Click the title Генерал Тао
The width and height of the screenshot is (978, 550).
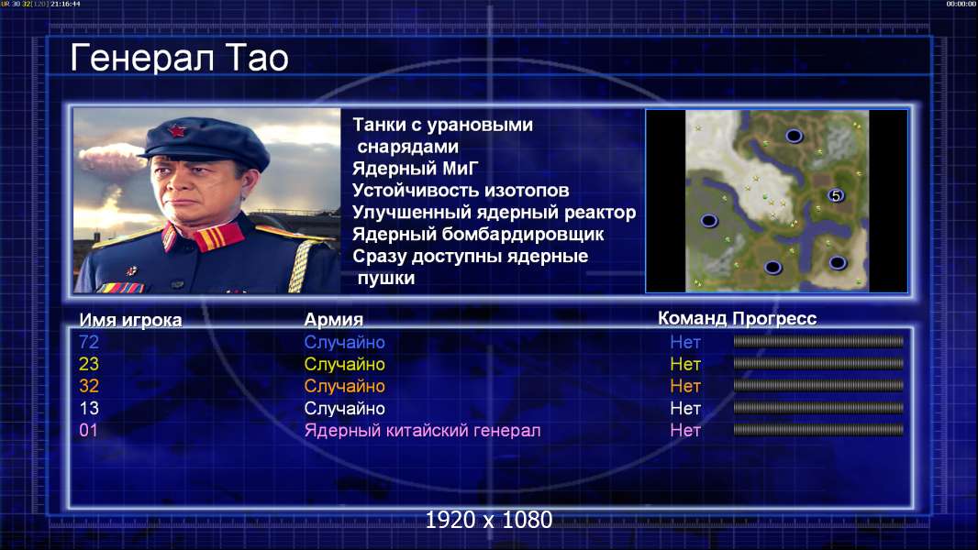coord(179,58)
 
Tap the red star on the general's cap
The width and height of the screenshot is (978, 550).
coord(177,130)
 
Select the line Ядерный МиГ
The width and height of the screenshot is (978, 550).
coord(416,169)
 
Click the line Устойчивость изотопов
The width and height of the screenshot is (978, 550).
coord(461,191)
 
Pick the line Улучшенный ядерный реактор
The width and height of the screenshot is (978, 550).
coord(494,213)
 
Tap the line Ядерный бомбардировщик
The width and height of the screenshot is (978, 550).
coord(478,234)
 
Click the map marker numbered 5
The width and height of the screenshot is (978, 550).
coord(836,195)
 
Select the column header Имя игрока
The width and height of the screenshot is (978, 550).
coord(130,320)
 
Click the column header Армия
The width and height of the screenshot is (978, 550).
coord(334,320)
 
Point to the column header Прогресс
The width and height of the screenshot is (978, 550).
coord(774,319)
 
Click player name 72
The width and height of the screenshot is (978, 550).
coord(89,342)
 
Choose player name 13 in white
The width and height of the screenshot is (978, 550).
coord(89,408)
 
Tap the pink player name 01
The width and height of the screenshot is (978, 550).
coord(89,430)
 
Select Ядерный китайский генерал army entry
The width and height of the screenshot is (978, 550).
coord(422,431)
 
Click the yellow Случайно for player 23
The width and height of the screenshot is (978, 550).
coord(344,365)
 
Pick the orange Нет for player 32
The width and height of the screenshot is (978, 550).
coord(685,386)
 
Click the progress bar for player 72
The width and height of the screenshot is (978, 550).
coord(818,341)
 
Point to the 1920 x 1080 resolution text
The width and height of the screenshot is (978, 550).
coord(489,520)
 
